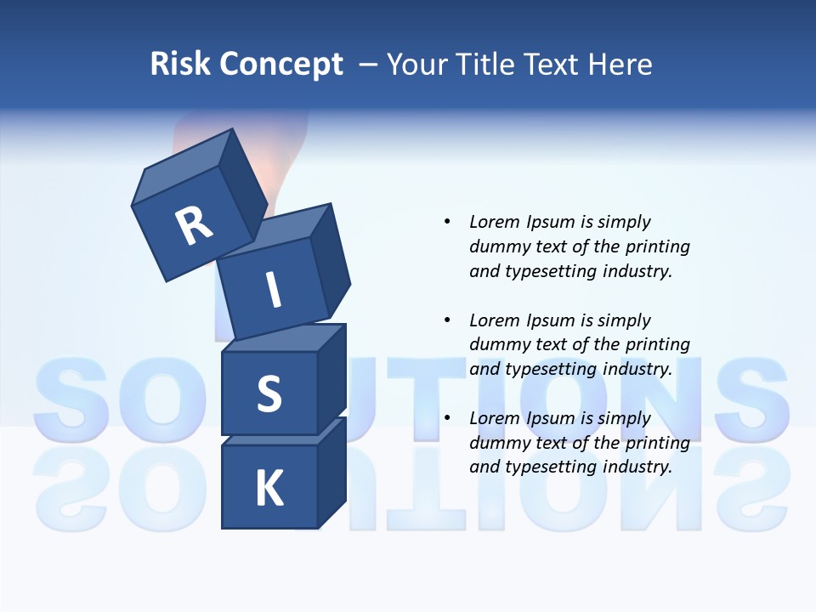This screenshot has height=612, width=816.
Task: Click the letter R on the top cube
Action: [x=194, y=226]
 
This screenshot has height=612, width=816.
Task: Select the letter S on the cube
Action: [x=269, y=394]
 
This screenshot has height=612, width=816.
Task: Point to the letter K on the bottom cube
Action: [x=269, y=489]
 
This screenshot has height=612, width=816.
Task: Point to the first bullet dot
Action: [x=447, y=222]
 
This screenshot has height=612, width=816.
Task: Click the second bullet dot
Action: [x=447, y=320]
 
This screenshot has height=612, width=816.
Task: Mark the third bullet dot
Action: [x=447, y=418]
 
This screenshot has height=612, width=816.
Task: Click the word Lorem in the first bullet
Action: [x=495, y=222]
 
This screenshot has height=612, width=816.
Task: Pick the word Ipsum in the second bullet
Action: [x=551, y=320]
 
